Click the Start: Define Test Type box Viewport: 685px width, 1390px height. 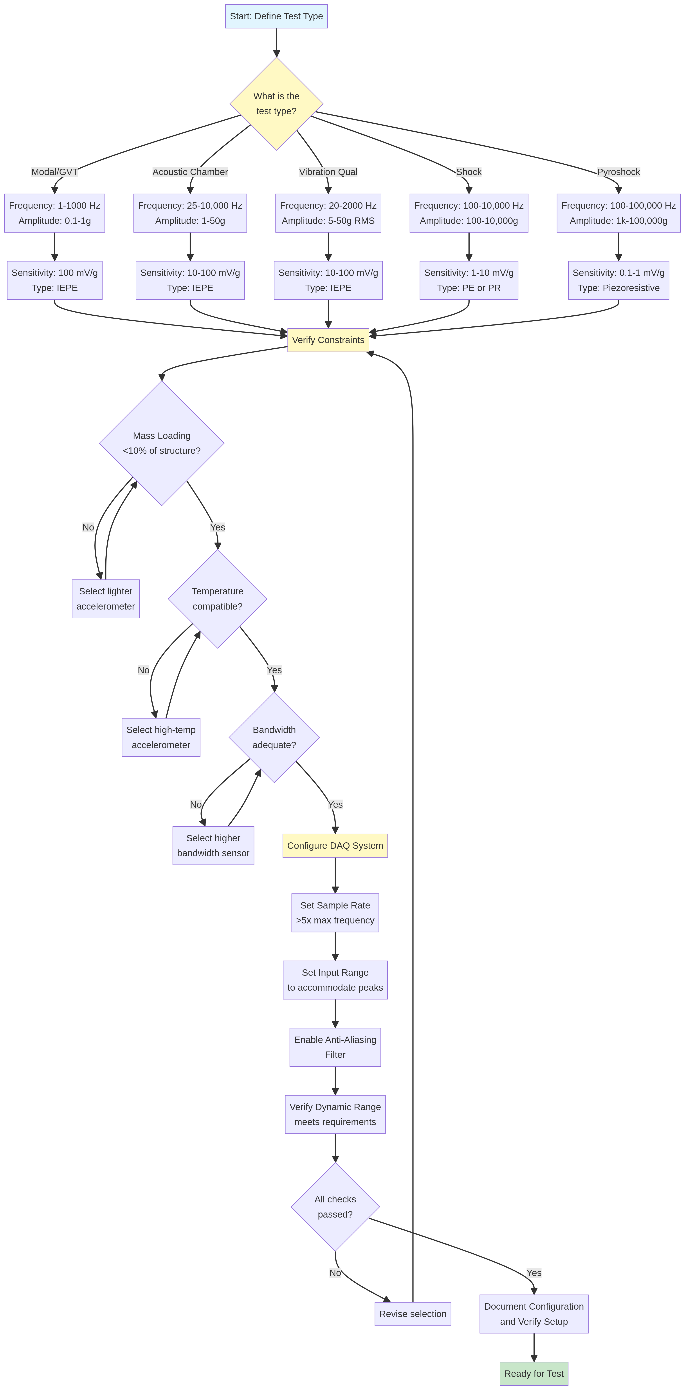pyautogui.click(x=276, y=16)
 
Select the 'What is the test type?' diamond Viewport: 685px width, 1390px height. pyautogui.click(x=276, y=104)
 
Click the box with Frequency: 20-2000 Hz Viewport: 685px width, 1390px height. pyautogui.click(x=328, y=213)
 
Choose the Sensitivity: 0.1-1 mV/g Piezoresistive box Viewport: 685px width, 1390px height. pyautogui.click(x=618, y=280)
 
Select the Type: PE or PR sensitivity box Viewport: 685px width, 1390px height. pyautogui.click(x=469, y=280)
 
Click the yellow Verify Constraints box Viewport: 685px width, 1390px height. pyautogui.click(x=328, y=340)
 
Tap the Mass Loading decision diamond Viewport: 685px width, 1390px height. pyautogui.click(x=161, y=443)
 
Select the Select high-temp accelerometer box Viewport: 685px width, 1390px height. pyautogui.click(x=161, y=737)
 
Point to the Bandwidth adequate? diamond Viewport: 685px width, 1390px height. pyautogui.click(x=274, y=737)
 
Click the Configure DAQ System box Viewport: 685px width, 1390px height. pyautogui.click(x=335, y=845)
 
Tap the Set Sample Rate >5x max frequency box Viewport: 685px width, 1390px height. pyautogui.click(x=335, y=912)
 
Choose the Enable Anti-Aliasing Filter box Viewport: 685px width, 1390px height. pyautogui.click(x=335, y=1047)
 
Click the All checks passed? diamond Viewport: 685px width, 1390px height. pyautogui.click(x=335, y=1207)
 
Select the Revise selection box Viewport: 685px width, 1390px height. pyautogui.click(x=413, y=1314)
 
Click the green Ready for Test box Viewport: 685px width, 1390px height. pyautogui.click(x=534, y=1373)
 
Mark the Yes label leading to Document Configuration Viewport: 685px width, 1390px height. pyautogui.click(x=534, y=1273)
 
